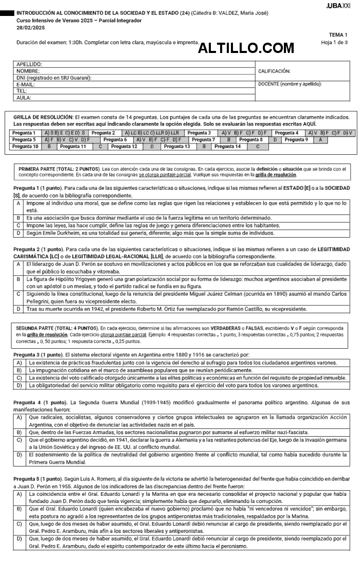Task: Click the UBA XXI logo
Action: tap(338, 5)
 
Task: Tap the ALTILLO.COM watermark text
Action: tap(246, 48)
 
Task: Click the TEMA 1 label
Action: tap(338, 34)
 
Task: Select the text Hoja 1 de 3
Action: tap(334, 42)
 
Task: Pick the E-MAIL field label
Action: tap(26, 84)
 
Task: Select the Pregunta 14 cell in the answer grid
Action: tap(227, 147)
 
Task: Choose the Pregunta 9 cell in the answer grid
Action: tap(296, 139)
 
